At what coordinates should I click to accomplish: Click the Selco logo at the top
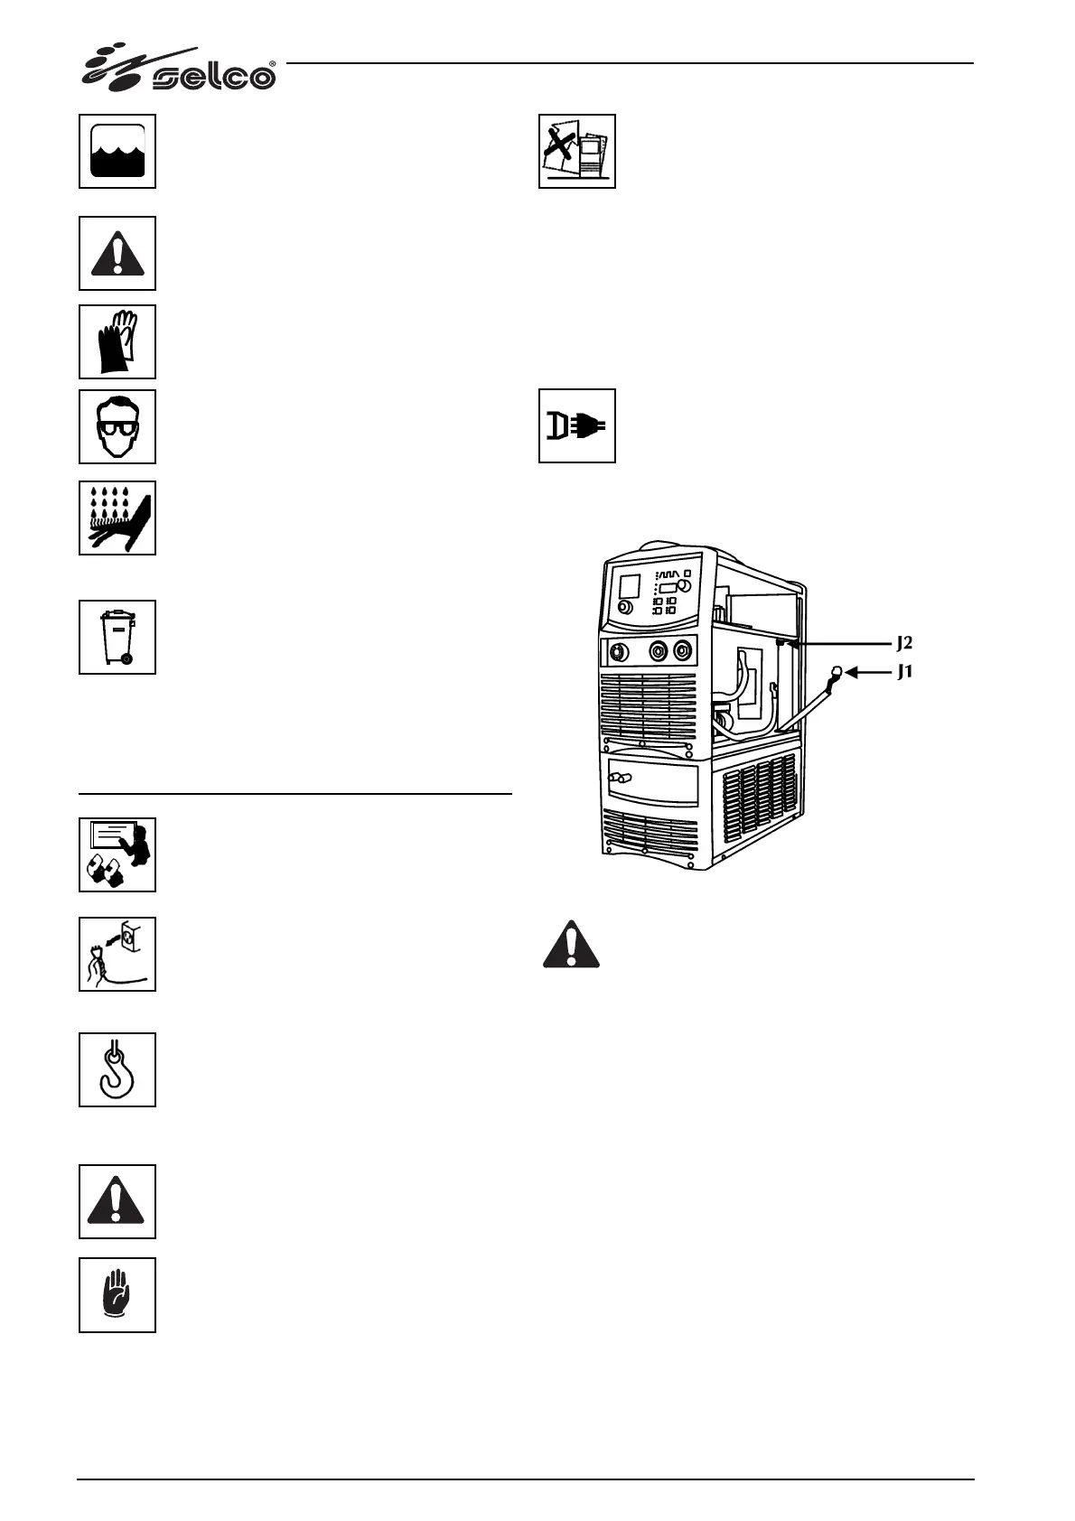click(x=180, y=68)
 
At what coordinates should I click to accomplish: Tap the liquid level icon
click(x=117, y=152)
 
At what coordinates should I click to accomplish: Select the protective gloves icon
click(x=117, y=341)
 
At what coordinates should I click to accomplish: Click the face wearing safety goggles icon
click(x=117, y=427)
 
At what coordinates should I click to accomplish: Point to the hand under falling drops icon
click(x=117, y=518)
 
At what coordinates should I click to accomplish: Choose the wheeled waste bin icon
click(x=117, y=637)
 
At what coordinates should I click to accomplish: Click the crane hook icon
click(x=117, y=1069)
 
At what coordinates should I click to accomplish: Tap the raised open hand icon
click(x=117, y=1295)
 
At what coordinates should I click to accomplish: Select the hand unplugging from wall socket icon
click(x=117, y=954)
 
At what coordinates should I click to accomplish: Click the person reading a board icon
click(x=117, y=854)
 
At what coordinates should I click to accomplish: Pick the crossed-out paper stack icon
click(x=577, y=152)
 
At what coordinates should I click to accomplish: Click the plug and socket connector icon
click(x=577, y=426)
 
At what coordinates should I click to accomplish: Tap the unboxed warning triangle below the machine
click(x=571, y=945)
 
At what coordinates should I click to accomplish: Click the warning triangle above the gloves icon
click(x=117, y=254)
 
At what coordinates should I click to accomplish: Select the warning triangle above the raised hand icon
click(x=117, y=1201)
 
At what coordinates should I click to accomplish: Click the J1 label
click(x=905, y=673)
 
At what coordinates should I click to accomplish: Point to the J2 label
click(x=905, y=644)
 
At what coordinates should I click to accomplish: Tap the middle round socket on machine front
click(x=659, y=649)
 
